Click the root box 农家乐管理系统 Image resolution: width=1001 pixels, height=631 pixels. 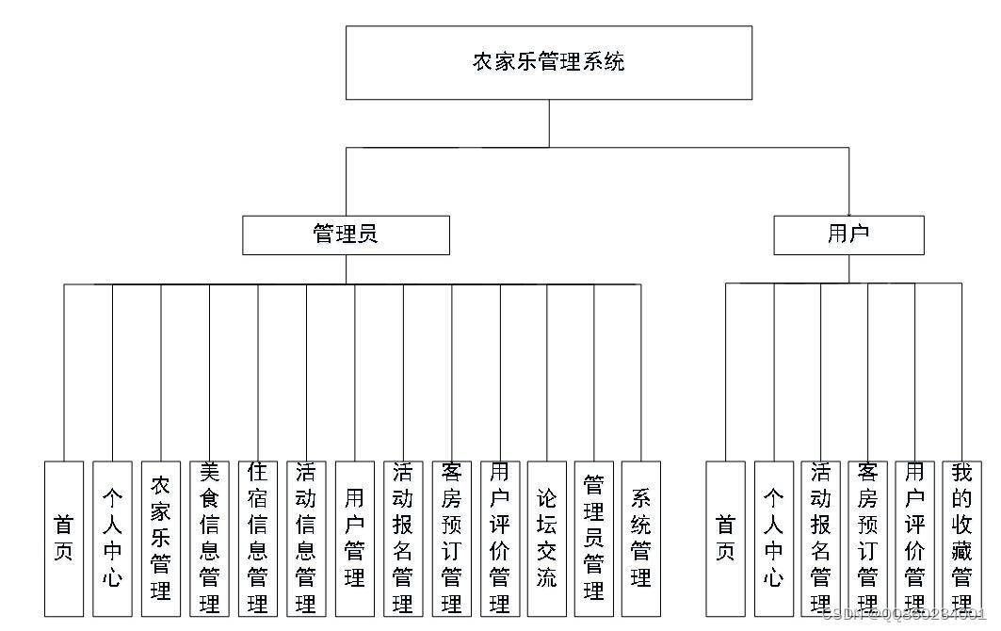[x=549, y=62]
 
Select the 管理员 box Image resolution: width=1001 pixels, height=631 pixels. [x=346, y=235]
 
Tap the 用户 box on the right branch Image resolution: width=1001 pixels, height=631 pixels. [x=848, y=235]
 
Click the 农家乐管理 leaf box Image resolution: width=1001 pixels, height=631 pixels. [x=161, y=538]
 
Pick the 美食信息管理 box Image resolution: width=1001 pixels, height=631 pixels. [x=209, y=538]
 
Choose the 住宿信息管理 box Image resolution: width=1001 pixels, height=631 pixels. [x=257, y=538]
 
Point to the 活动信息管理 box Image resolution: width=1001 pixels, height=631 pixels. [x=306, y=538]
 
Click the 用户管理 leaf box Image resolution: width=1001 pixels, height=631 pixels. [x=354, y=538]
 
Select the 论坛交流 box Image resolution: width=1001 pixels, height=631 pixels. [x=546, y=538]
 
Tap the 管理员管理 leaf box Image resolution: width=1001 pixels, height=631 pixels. [x=594, y=538]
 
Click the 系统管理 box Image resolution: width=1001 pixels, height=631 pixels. [x=641, y=538]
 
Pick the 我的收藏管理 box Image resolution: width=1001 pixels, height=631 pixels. [x=961, y=538]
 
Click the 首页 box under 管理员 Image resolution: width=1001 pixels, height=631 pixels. [x=64, y=538]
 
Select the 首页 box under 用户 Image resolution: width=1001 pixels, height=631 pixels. [x=725, y=538]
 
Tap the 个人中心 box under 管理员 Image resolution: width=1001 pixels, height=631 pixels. [x=112, y=538]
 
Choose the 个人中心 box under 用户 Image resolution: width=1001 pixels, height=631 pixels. [x=773, y=538]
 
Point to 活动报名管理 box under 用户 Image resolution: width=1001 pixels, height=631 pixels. [x=820, y=538]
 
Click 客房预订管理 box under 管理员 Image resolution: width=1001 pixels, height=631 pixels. [x=451, y=538]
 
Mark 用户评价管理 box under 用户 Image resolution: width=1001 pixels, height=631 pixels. [x=914, y=538]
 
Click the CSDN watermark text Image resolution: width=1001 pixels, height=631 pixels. [x=903, y=614]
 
